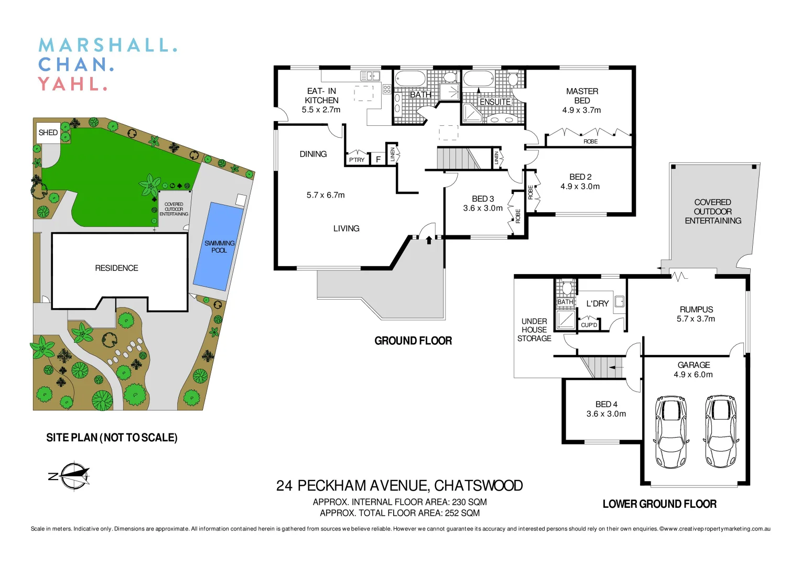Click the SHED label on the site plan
[x=48, y=133]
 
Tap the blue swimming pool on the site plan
[x=219, y=246]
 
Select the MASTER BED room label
[x=581, y=96]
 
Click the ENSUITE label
[x=495, y=102]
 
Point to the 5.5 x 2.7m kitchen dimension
[x=321, y=110]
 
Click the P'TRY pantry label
[x=356, y=160]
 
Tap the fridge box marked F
[x=378, y=159]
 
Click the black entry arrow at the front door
[x=429, y=240]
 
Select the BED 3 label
[x=483, y=199]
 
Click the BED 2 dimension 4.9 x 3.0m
[x=580, y=187]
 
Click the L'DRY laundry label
[x=597, y=304]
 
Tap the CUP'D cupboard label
[x=589, y=325]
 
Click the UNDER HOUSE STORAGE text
[x=534, y=330]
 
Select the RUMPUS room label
[x=696, y=310]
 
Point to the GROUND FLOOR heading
[x=413, y=341]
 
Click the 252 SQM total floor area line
[x=399, y=513]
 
